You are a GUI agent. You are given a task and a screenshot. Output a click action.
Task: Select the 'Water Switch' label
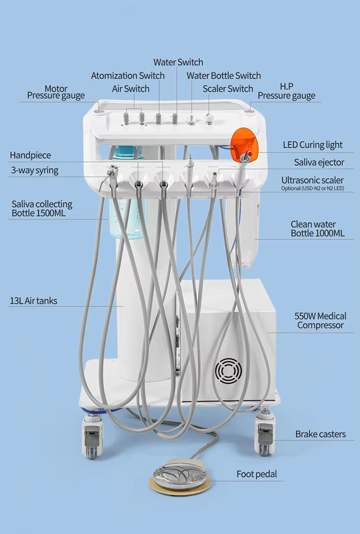tap(178, 62)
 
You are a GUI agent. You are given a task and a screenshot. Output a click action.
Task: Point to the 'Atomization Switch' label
tap(128, 76)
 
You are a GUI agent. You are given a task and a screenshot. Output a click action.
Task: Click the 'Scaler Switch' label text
tap(228, 89)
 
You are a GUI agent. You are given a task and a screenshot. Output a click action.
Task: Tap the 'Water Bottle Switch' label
tap(224, 76)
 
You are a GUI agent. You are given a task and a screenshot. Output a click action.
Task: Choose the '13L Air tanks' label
tap(33, 301)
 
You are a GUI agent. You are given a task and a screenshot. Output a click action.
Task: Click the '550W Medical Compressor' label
tap(320, 321)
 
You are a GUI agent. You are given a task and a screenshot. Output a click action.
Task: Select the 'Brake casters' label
tap(320, 434)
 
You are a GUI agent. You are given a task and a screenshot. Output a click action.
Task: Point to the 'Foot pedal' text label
tap(257, 474)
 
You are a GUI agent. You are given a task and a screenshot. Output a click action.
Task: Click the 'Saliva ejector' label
tap(319, 163)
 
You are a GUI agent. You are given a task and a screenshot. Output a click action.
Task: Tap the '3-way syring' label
tap(35, 170)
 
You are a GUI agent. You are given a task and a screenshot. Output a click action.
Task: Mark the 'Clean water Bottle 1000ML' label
tap(317, 229)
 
